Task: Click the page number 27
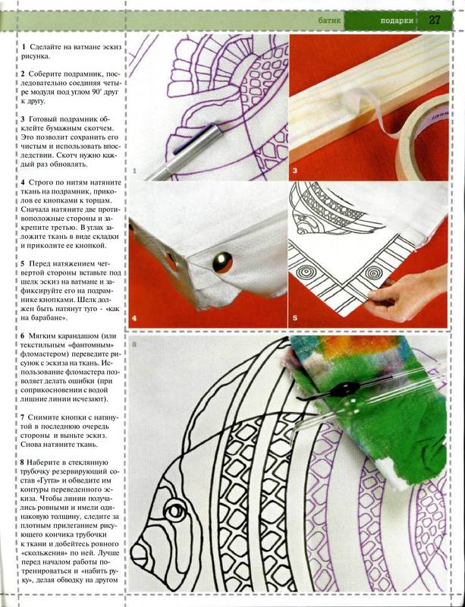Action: pos(435,20)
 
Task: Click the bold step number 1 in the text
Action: pos(24,46)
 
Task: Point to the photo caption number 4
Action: pos(134,319)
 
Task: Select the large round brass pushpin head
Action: pos(222,263)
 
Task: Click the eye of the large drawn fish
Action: pos(175,508)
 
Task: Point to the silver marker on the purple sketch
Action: pos(182,154)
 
